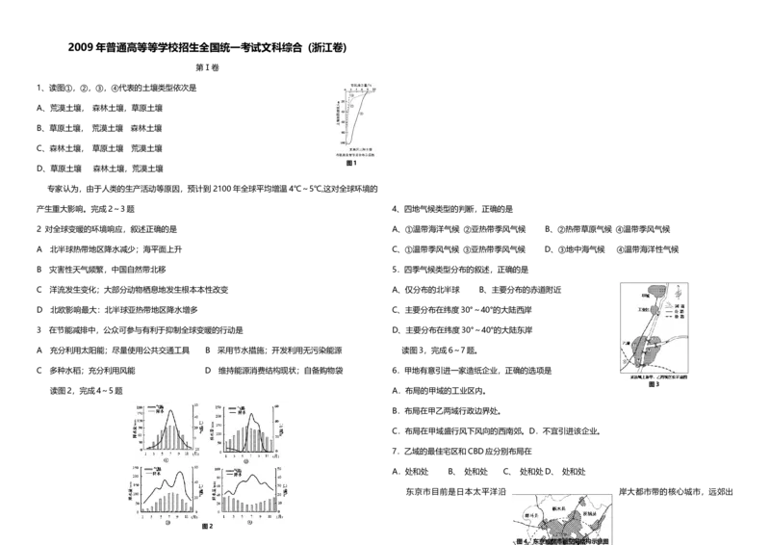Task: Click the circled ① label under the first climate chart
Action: [x=166, y=460]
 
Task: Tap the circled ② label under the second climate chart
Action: [x=246, y=460]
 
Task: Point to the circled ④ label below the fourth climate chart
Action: [x=248, y=523]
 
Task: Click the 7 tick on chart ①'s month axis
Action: [x=170, y=453]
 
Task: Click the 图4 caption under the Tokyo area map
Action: [x=563, y=541]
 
